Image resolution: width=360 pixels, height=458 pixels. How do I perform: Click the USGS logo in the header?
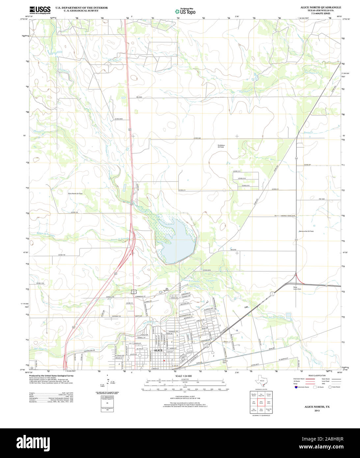pos(40,10)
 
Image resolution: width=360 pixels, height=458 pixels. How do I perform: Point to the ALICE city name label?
pos(158,350)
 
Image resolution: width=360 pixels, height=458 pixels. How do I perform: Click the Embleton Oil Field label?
pos(221,146)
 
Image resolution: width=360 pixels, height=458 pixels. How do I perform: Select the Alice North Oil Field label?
pos(75,193)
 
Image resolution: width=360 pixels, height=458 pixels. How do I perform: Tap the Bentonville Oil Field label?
pos(306,231)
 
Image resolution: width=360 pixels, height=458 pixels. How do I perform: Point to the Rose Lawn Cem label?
pos(297,288)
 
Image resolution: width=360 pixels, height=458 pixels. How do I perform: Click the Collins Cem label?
pos(225,361)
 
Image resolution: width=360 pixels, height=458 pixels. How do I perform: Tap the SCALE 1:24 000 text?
pos(183,376)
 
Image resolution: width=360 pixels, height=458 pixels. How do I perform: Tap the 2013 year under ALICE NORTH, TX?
pos(317,411)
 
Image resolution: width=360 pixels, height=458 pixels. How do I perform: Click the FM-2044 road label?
pos(139,97)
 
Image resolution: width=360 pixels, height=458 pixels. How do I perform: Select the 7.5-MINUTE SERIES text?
pos(320,13)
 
